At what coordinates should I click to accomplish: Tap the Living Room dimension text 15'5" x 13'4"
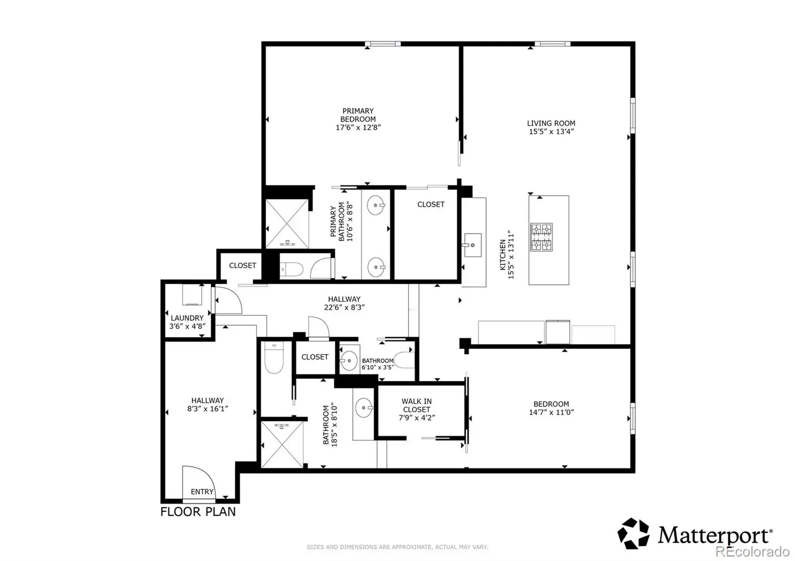(551, 132)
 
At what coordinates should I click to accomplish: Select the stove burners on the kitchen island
(541, 237)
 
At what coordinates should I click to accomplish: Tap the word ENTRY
(202, 491)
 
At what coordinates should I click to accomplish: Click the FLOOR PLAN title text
(198, 512)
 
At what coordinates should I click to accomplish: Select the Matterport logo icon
(634, 533)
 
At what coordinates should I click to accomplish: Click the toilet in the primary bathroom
(291, 270)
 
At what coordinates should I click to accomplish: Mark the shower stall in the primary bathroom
(287, 224)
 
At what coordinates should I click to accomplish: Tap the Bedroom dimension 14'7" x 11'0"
(551, 412)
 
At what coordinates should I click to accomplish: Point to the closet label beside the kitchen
(431, 204)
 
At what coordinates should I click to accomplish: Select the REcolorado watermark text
(752, 552)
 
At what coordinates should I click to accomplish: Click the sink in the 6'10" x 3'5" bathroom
(348, 360)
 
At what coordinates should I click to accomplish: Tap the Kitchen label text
(502, 255)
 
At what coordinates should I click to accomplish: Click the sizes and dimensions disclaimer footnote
(397, 547)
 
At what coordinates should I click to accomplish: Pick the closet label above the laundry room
(242, 265)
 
